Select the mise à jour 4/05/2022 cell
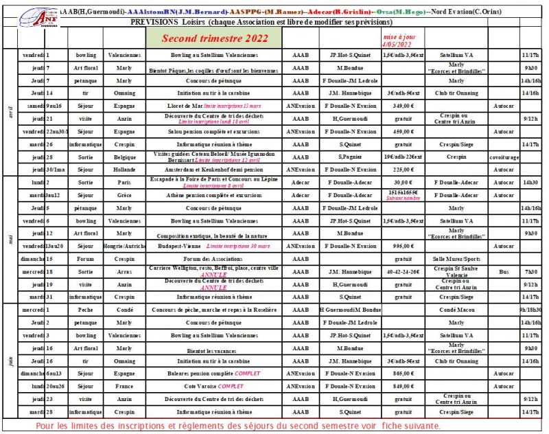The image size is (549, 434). (399, 39)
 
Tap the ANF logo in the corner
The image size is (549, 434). (38, 19)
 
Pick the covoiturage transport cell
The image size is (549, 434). (504, 157)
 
